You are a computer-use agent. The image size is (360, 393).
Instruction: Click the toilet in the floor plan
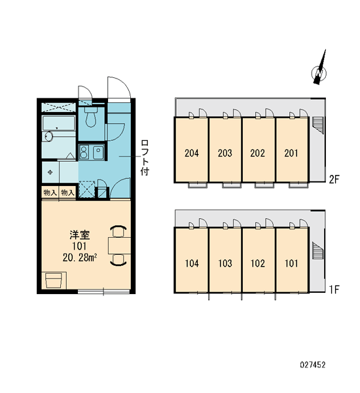click(91, 117)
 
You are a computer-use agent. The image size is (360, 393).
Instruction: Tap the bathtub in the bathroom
click(58, 123)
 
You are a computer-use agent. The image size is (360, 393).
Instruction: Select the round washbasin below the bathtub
click(48, 137)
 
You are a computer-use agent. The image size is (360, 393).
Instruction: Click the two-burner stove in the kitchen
click(84, 152)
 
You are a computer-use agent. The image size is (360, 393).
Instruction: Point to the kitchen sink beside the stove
click(98, 152)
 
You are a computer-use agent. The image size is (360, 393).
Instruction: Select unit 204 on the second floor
click(192, 149)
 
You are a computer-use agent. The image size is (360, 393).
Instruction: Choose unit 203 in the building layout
click(225, 149)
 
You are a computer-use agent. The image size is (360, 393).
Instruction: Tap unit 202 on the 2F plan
click(258, 149)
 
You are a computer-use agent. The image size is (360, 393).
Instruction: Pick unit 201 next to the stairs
click(292, 149)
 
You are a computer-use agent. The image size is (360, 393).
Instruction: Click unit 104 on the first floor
click(192, 260)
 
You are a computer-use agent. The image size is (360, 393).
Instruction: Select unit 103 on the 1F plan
click(225, 260)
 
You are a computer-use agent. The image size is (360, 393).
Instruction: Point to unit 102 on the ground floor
click(258, 260)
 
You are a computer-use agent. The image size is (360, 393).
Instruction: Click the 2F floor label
click(334, 179)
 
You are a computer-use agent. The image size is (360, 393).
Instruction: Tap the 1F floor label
click(334, 290)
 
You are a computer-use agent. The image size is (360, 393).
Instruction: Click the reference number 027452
click(313, 364)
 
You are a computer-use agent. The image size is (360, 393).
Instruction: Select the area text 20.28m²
click(80, 257)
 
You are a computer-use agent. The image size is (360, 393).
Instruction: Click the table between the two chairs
click(120, 246)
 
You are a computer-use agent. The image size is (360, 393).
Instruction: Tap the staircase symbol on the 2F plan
click(318, 125)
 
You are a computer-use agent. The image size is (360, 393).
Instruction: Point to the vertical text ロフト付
click(145, 157)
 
